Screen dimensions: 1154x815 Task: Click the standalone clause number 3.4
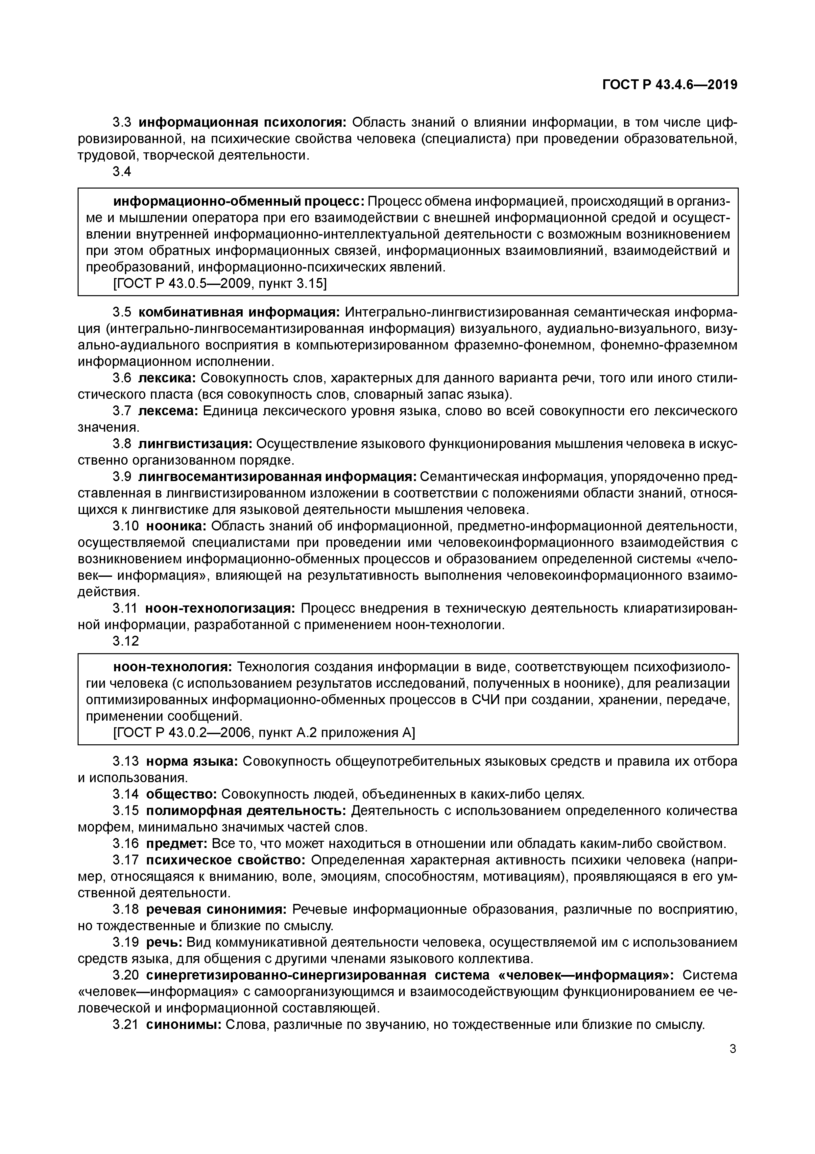click(122, 172)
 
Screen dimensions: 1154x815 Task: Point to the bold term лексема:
click(168, 411)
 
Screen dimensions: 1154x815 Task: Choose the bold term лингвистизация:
click(195, 444)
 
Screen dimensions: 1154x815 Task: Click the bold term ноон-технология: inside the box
click(172, 667)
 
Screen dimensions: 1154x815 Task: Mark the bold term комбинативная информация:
click(239, 312)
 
